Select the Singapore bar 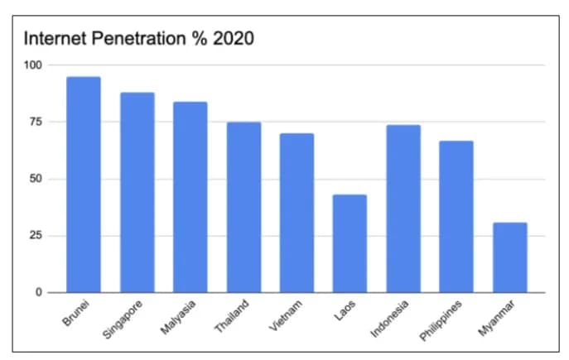click(137, 193)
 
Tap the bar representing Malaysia click(190, 197)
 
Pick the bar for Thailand click(244, 208)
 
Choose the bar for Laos click(350, 243)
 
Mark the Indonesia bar click(403, 209)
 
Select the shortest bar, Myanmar click(509, 257)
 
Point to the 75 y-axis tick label click(36, 122)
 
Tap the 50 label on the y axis click(36, 179)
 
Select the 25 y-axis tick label click(36, 236)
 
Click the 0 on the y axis click(39, 293)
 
